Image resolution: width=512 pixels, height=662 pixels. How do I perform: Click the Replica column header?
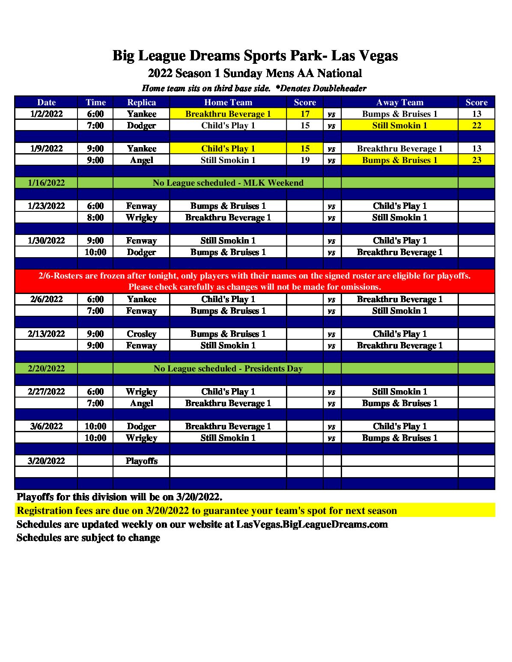tap(141, 102)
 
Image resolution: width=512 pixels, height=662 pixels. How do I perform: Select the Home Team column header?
tap(228, 102)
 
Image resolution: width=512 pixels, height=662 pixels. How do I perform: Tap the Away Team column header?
tap(399, 102)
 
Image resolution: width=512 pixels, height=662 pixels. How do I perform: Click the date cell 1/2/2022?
tap(46, 114)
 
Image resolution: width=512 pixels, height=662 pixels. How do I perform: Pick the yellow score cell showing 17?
tap(305, 114)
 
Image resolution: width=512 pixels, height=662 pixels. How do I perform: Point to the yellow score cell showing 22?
tap(476, 125)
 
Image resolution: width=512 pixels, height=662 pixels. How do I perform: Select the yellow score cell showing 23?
tap(476, 160)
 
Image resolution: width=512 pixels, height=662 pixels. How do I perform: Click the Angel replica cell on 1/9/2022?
tap(141, 160)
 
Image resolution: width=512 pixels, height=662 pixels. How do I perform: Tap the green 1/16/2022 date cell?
tap(46, 183)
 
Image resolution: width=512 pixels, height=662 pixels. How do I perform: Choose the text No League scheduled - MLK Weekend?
tap(228, 183)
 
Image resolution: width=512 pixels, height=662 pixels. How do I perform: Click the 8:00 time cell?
tap(95, 217)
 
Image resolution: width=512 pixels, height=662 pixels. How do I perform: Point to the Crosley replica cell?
tap(141, 334)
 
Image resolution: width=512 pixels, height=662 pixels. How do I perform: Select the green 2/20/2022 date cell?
tap(46, 368)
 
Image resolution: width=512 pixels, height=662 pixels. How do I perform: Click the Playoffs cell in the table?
tap(141, 461)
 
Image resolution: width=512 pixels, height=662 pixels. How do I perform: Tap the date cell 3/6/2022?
tap(46, 426)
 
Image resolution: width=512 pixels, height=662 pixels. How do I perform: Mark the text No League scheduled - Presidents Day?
tap(228, 368)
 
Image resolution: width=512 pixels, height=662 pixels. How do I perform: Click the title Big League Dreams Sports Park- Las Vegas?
tap(255, 56)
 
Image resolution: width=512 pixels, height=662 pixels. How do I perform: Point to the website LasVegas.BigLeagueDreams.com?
tap(312, 524)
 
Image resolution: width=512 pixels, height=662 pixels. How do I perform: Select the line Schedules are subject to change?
tap(88, 538)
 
